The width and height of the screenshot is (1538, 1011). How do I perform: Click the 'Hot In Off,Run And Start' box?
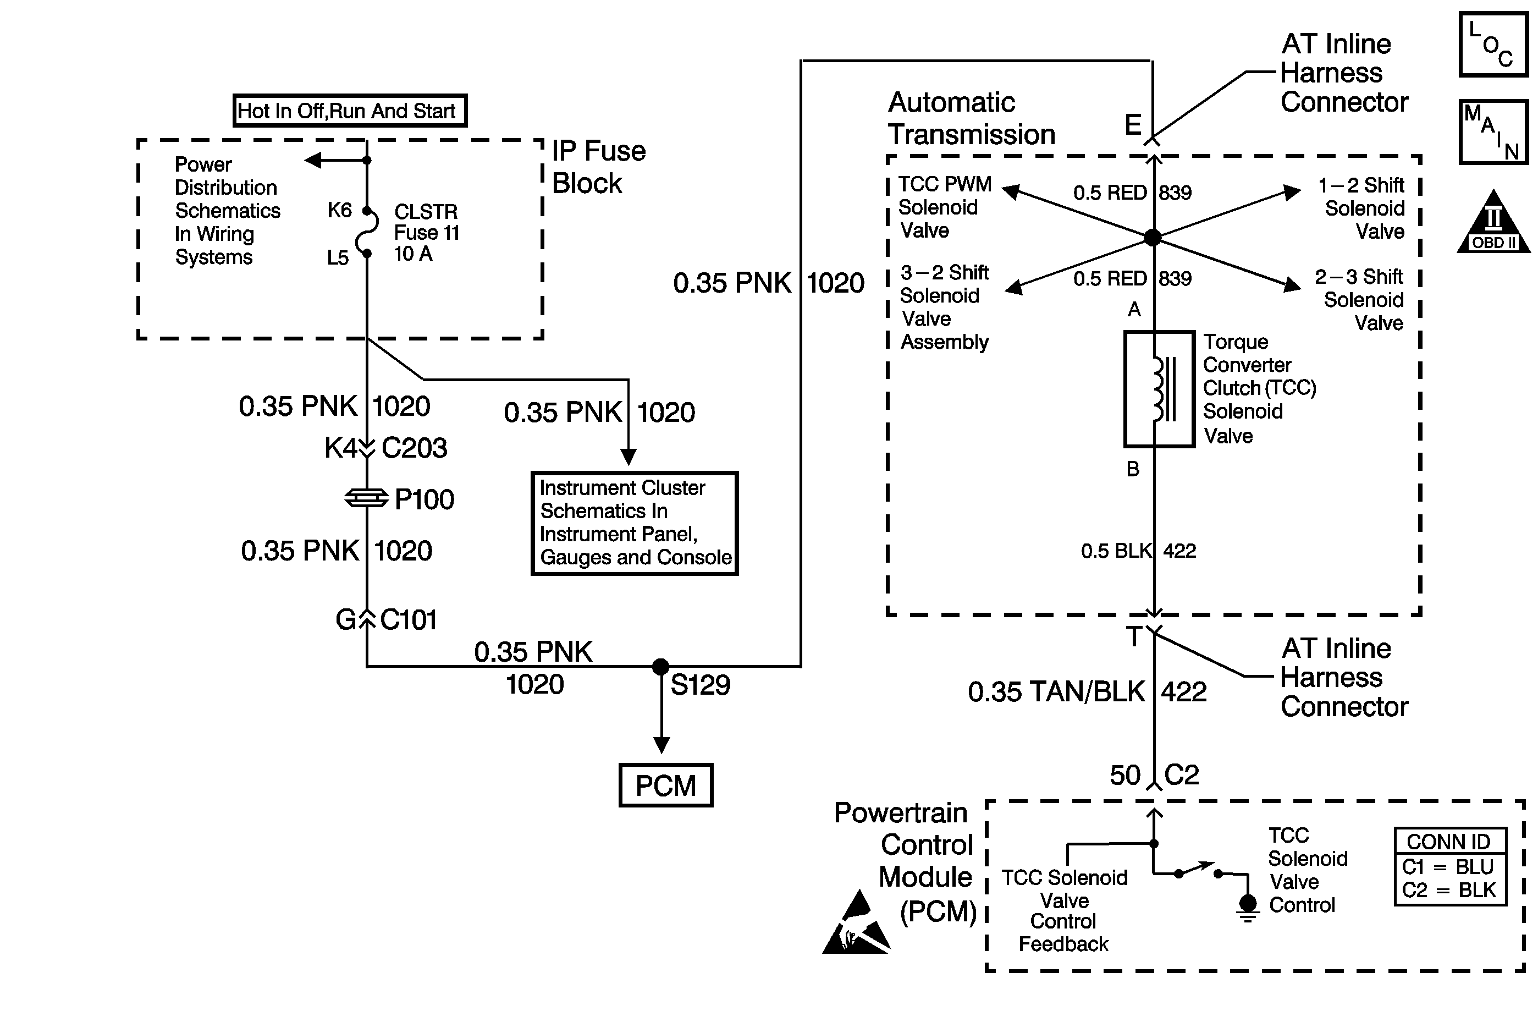[x=350, y=111]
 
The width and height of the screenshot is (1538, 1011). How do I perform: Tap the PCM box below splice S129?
[x=665, y=785]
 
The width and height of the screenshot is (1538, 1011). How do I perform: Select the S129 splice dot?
[x=660, y=667]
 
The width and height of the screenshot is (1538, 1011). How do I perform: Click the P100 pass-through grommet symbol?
[x=366, y=498]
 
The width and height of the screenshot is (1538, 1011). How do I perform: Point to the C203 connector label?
[x=414, y=448]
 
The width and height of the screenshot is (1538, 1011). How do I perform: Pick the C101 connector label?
[x=409, y=620]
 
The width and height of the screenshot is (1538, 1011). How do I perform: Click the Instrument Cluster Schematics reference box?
[x=635, y=523]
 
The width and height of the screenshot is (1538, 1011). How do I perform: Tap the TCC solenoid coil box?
[x=1159, y=389]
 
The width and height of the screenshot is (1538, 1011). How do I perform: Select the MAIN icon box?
[x=1493, y=132]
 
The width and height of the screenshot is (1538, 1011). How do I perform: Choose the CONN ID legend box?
[x=1450, y=867]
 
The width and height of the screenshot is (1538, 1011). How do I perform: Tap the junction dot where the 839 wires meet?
[x=1153, y=237]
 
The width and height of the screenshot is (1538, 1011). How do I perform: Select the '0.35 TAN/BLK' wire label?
[x=1056, y=691]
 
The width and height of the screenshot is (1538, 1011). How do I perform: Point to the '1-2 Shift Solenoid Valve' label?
[x=1362, y=208]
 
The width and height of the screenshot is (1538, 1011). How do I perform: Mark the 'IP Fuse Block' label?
[x=598, y=167]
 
